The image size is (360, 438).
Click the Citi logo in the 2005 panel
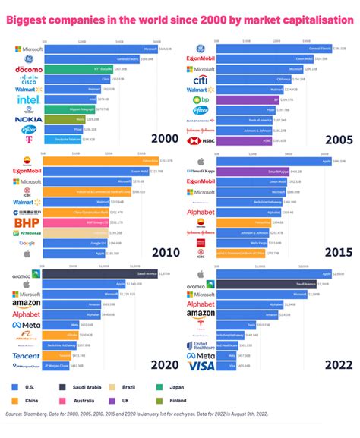[201, 79]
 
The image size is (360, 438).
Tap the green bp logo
[201, 99]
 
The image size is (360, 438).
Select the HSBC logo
[201, 140]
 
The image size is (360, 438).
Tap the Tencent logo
[26, 334]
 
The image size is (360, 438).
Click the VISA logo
[201, 365]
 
